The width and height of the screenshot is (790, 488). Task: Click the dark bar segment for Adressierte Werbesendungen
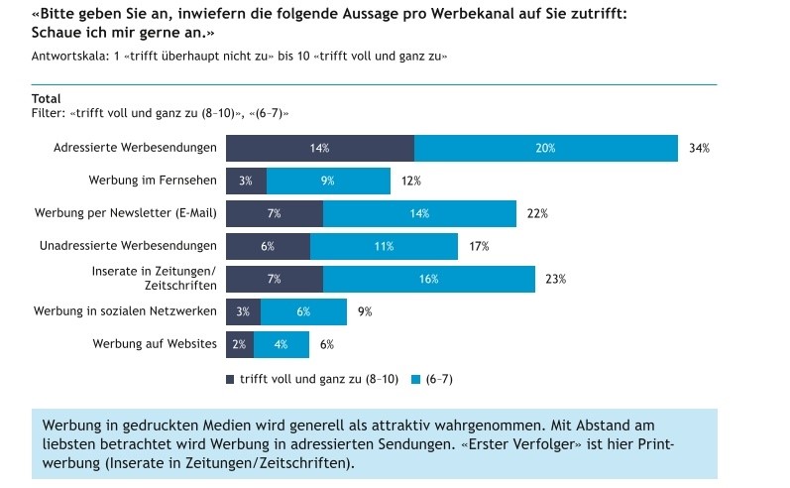[319, 148]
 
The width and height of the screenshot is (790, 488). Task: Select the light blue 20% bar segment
[545, 148]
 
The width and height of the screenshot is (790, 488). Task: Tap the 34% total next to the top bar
[700, 148]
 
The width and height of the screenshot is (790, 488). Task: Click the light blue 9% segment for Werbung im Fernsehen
[328, 181]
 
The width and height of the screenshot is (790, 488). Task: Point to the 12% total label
[411, 181]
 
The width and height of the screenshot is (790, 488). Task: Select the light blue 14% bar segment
[419, 213]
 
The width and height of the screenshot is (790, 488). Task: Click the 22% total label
[538, 213]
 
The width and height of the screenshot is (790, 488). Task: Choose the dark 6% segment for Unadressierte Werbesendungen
[268, 246]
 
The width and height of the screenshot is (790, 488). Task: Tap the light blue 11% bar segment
[384, 246]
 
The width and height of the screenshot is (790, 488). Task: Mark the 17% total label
[480, 246]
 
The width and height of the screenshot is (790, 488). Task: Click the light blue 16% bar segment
[428, 279]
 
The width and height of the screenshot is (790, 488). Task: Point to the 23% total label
[555, 279]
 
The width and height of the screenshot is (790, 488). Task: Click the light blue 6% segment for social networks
[303, 311]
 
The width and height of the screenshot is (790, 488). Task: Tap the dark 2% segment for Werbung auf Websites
[240, 344]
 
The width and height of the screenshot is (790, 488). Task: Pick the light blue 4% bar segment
[282, 344]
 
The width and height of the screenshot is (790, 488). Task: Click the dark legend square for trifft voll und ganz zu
[230, 379]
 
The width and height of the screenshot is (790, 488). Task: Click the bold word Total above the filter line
[47, 98]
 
